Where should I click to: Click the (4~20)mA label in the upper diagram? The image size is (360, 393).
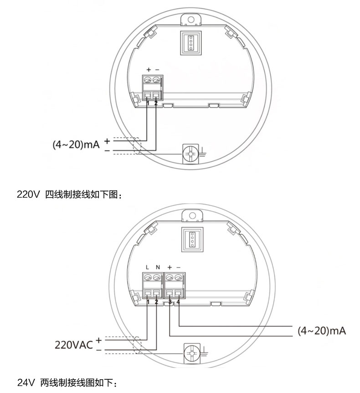click(x=76, y=145)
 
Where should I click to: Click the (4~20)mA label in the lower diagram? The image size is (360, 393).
click(x=322, y=331)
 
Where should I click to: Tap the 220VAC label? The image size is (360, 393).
click(x=74, y=345)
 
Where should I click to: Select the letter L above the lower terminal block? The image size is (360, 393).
click(x=147, y=267)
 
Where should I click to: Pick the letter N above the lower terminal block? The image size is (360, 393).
click(x=158, y=267)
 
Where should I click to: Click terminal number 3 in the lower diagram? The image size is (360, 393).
click(x=170, y=302)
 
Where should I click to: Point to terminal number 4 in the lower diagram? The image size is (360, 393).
click(x=178, y=302)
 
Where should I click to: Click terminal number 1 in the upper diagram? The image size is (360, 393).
click(x=148, y=103)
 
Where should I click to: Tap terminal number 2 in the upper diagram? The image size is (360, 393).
click(x=156, y=103)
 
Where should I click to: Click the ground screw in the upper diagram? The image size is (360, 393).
click(x=190, y=153)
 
